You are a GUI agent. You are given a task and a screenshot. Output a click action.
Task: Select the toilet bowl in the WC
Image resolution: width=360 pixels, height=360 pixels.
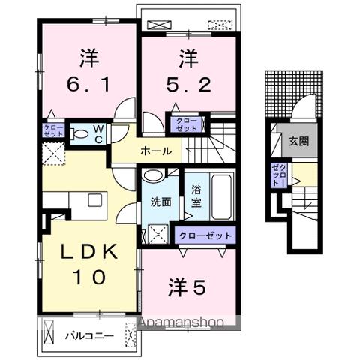(x=80, y=135)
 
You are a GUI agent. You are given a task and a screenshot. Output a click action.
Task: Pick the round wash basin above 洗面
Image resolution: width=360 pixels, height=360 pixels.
(x=153, y=176)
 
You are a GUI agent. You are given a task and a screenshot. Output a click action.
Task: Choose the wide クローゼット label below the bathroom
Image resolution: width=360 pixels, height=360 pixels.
(x=205, y=235)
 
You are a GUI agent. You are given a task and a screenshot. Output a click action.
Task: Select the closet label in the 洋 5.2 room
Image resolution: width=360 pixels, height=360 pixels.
(x=184, y=124)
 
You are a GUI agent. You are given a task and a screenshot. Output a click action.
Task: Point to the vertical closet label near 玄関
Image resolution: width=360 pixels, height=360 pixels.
(x=277, y=176)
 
